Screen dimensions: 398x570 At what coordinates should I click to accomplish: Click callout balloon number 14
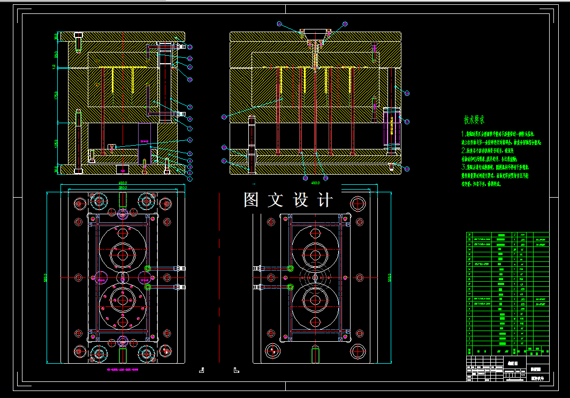tap(279, 24)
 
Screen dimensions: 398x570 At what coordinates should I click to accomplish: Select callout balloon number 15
tap(345, 24)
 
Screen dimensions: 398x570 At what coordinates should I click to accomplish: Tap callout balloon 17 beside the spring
tap(407, 122)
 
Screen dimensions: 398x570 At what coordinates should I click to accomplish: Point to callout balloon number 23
tap(224, 117)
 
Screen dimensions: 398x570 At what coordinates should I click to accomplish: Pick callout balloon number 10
tap(189, 79)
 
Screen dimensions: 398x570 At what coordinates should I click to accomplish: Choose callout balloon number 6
tap(189, 140)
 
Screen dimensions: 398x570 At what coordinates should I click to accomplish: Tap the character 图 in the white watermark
tap(252, 200)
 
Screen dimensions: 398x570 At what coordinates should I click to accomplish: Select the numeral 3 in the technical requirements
tap(463, 167)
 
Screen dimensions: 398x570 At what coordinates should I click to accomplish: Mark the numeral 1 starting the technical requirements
tap(463, 134)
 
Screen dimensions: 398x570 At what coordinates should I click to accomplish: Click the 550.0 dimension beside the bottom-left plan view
tap(47, 277)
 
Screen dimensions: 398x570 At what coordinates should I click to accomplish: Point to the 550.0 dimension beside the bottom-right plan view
tap(390, 277)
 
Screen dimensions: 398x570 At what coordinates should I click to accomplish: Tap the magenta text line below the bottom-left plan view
tap(123, 370)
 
